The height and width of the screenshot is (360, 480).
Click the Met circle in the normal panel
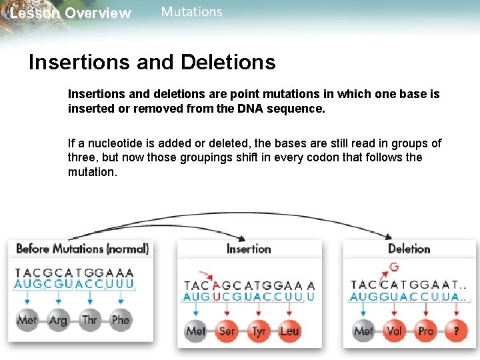click(x=27, y=320)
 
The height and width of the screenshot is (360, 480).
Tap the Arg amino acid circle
click(x=58, y=320)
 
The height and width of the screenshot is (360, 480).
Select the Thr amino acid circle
click(x=89, y=320)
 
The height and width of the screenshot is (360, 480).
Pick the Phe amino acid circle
click(x=121, y=320)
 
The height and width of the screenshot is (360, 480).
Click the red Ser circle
click(x=227, y=331)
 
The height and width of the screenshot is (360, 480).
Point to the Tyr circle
click(x=259, y=331)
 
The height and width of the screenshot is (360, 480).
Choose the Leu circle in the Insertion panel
click(x=289, y=331)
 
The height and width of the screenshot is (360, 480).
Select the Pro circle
click(x=426, y=331)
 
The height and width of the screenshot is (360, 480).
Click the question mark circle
click(x=457, y=331)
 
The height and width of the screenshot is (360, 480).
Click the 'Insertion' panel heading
click(x=249, y=249)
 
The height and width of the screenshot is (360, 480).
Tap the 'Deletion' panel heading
click(x=409, y=249)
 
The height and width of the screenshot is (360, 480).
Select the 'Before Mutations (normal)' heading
click(x=81, y=249)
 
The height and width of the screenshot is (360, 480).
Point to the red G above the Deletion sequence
click(x=394, y=267)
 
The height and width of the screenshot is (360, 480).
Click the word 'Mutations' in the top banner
click(x=192, y=12)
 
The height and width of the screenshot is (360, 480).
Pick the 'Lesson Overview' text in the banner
click(x=70, y=13)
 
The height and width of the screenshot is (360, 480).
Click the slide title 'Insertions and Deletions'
click(x=152, y=62)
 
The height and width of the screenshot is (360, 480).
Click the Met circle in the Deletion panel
click(x=363, y=331)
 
